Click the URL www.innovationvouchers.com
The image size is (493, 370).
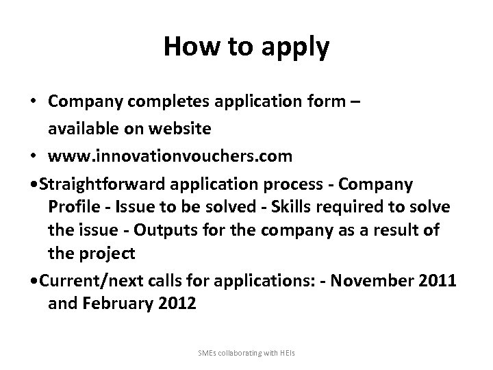pos(170,156)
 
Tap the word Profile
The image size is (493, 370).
pos(76,208)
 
